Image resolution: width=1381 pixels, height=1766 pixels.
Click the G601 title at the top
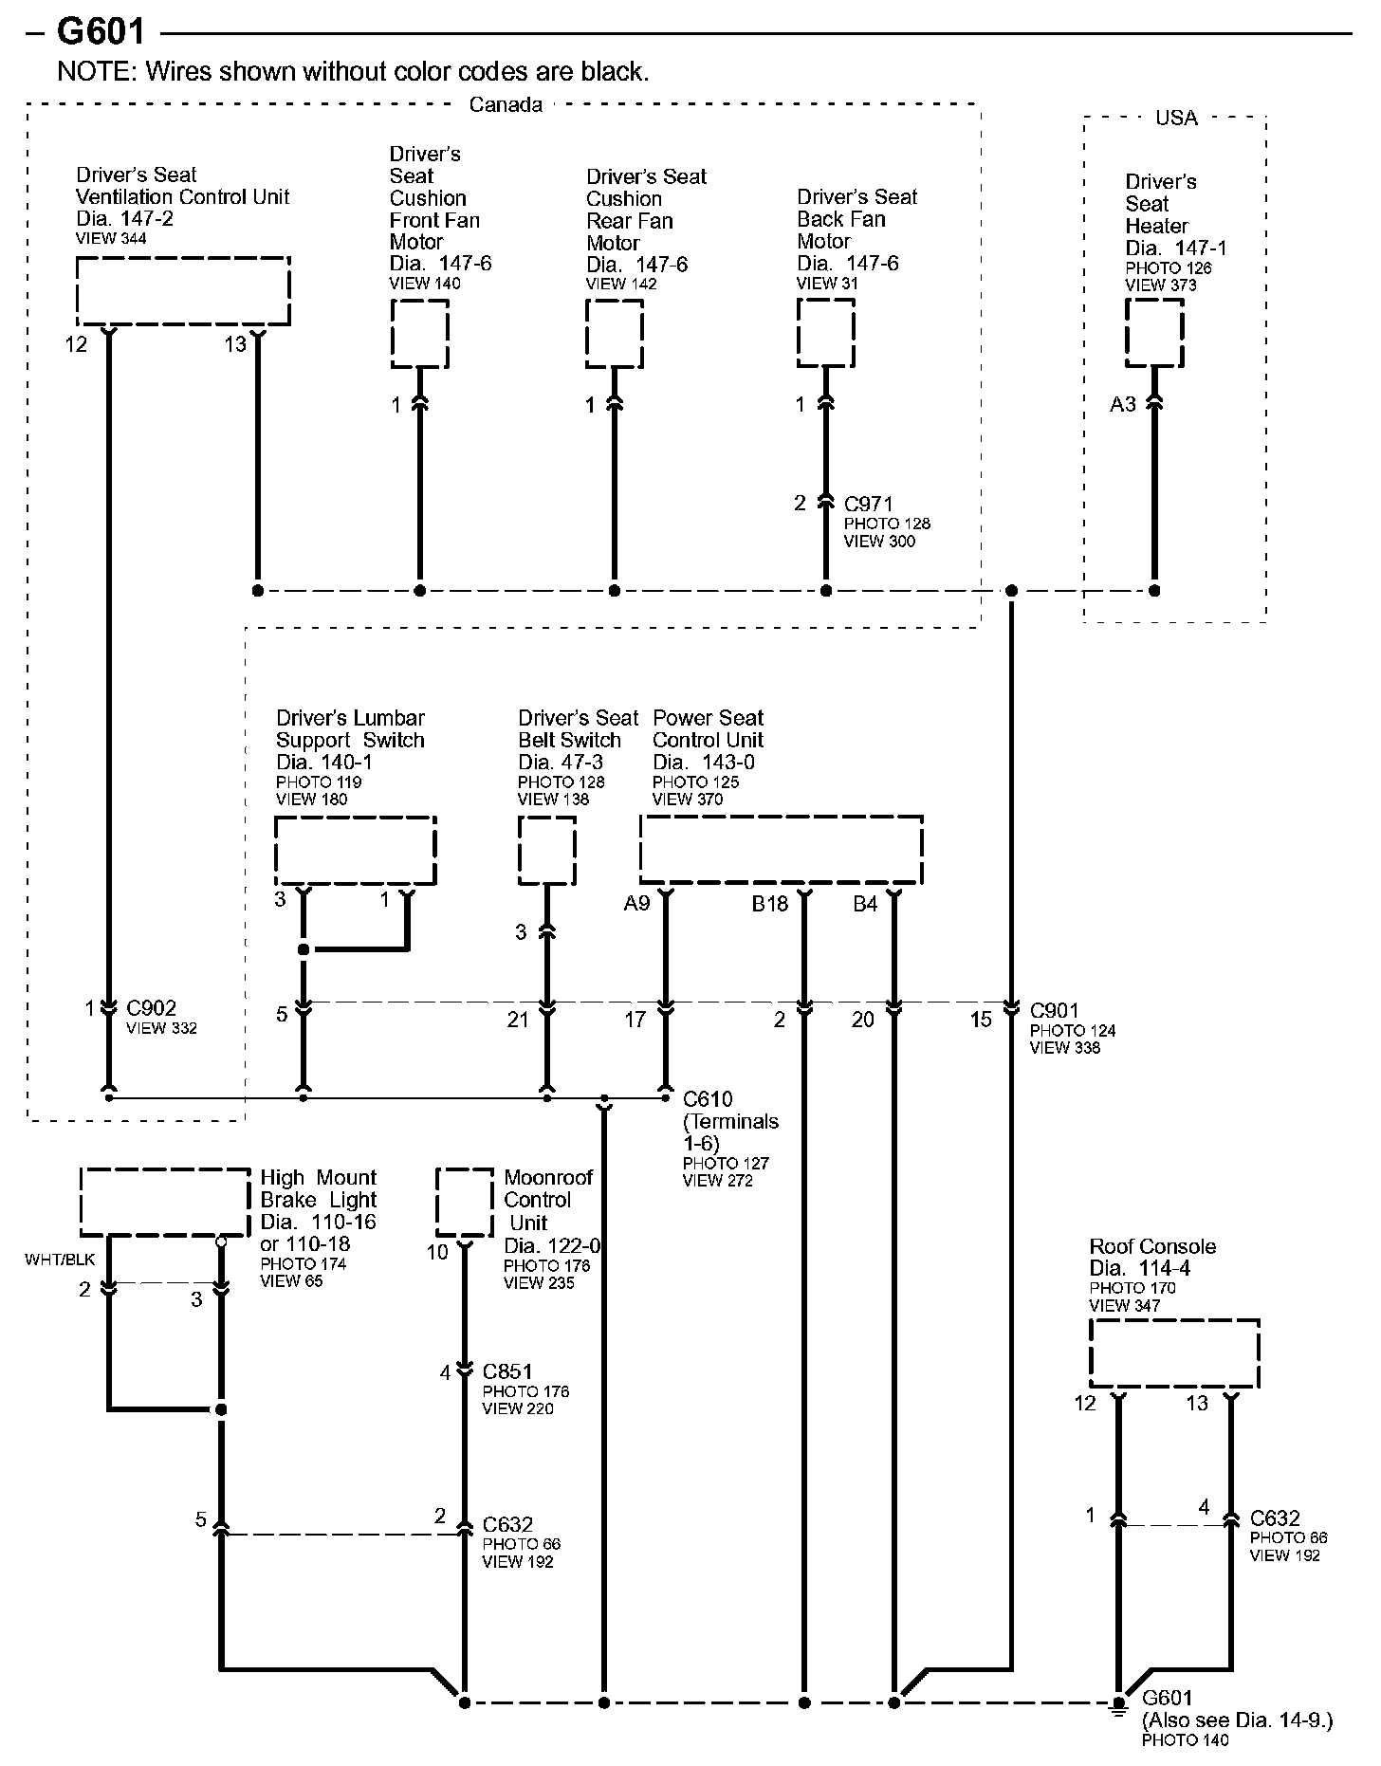pos(101,32)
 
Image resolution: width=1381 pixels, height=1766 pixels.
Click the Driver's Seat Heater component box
pos(1154,332)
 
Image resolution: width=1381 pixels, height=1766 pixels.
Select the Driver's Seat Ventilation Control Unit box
pos(182,290)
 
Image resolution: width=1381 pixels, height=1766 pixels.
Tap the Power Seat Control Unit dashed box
pos(781,850)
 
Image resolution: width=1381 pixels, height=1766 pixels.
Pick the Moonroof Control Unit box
pos(464,1202)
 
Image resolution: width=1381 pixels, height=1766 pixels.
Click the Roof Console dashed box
pos(1174,1353)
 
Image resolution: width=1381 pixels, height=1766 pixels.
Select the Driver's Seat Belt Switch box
pos(546,850)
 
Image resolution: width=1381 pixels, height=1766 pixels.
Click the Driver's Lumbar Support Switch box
pos(355,850)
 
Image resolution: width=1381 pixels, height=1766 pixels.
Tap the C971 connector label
pos(868,504)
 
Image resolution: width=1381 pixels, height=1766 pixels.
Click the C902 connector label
pos(151,1008)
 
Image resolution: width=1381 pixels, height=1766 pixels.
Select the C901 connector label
pos(1054,1011)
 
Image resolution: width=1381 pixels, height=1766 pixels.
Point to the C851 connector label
pos(507,1371)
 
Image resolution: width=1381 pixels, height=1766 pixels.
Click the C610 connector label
pos(708,1099)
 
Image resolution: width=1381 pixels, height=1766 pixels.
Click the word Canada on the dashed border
pos(506,104)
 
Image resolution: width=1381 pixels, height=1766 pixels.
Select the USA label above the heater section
pos(1176,118)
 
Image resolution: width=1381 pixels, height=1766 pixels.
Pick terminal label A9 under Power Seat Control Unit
pos(636,904)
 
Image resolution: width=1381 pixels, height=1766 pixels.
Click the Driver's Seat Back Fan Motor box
pos(825,333)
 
